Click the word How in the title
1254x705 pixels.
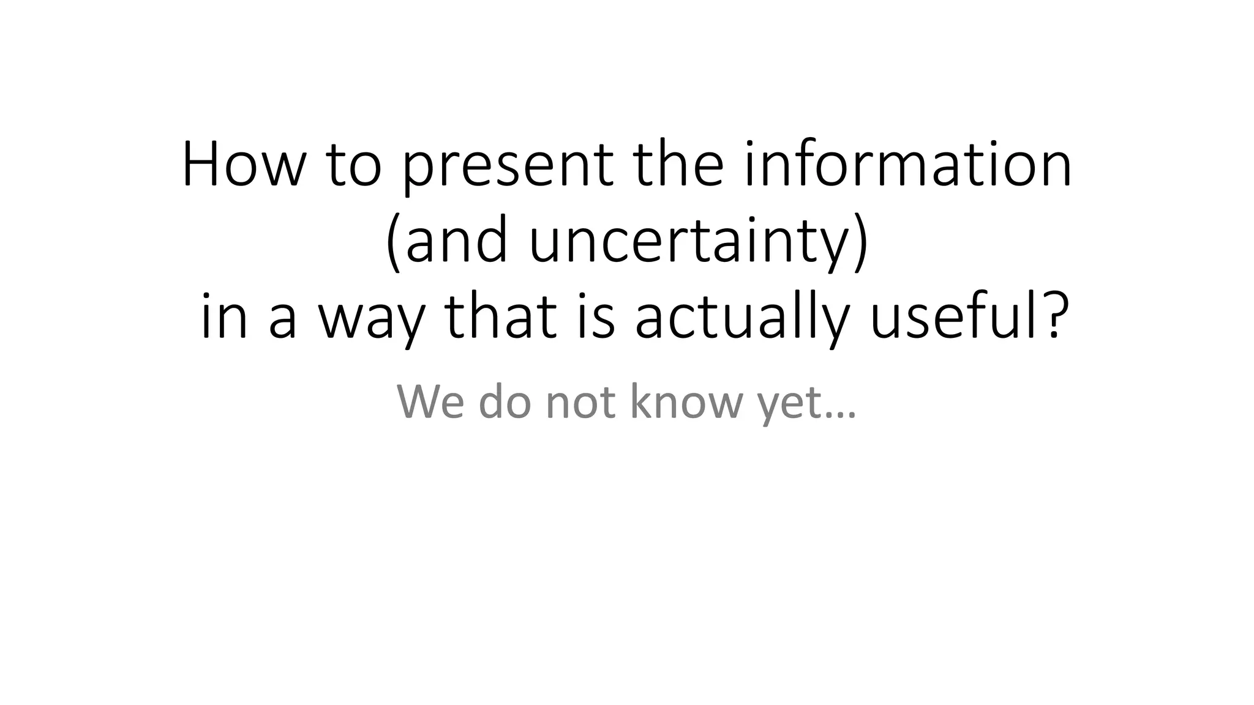242,165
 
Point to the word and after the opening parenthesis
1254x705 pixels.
457,242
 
